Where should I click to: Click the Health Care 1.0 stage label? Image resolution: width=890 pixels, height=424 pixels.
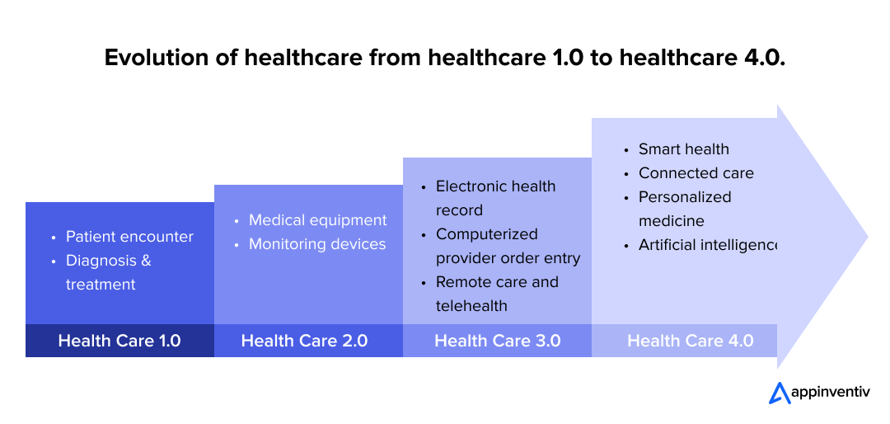(119, 341)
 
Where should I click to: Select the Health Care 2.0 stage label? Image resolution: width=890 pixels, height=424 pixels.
(304, 341)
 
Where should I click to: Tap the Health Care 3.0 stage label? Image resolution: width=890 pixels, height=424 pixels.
(497, 341)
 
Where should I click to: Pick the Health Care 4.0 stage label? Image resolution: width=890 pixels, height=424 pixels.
(691, 341)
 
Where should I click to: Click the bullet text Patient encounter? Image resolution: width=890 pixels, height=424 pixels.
(129, 237)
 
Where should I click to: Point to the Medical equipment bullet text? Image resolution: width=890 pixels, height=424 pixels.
(317, 220)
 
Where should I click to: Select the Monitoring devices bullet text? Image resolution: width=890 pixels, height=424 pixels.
(317, 244)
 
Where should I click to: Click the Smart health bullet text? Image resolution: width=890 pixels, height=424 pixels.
(683, 149)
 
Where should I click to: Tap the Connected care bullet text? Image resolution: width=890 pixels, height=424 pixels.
(696, 173)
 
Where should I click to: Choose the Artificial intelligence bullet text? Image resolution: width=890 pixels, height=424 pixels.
(707, 245)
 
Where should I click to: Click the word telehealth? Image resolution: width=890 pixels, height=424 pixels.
(471, 306)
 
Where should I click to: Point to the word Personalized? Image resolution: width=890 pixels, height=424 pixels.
(685, 197)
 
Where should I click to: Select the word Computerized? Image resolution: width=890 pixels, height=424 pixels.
(486, 234)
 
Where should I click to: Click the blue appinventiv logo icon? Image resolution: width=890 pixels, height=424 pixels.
(780, 393)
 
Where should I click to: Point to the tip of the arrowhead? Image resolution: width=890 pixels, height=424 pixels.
(867, 237)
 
